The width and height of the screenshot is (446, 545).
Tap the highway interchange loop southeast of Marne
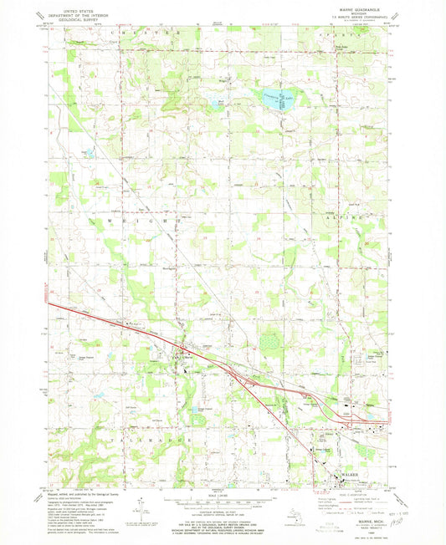point(248,380)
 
